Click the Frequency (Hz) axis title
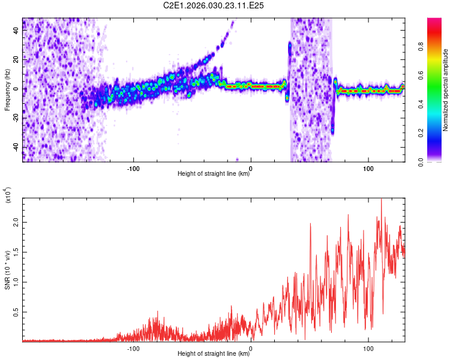7,90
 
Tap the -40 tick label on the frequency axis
16,147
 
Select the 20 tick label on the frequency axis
17,60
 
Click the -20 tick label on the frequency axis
16,118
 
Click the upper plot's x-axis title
214,174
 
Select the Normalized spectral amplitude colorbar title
446,90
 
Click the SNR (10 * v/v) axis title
7,270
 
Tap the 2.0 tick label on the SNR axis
17,222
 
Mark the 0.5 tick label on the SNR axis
17,312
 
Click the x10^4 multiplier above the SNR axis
8,195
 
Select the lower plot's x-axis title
214,354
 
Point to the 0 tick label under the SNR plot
251,347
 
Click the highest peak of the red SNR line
381,200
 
